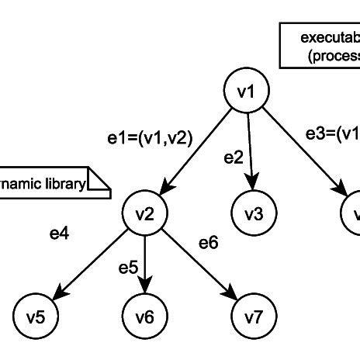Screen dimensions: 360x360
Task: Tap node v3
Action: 251,212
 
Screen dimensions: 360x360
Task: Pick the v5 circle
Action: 36,317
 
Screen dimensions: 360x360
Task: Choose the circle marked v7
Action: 252,317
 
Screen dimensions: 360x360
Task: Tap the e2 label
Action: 234,157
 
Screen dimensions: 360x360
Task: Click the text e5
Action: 128,268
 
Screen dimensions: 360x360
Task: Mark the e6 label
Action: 209,243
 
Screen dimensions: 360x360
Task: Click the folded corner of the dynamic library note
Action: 99,182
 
